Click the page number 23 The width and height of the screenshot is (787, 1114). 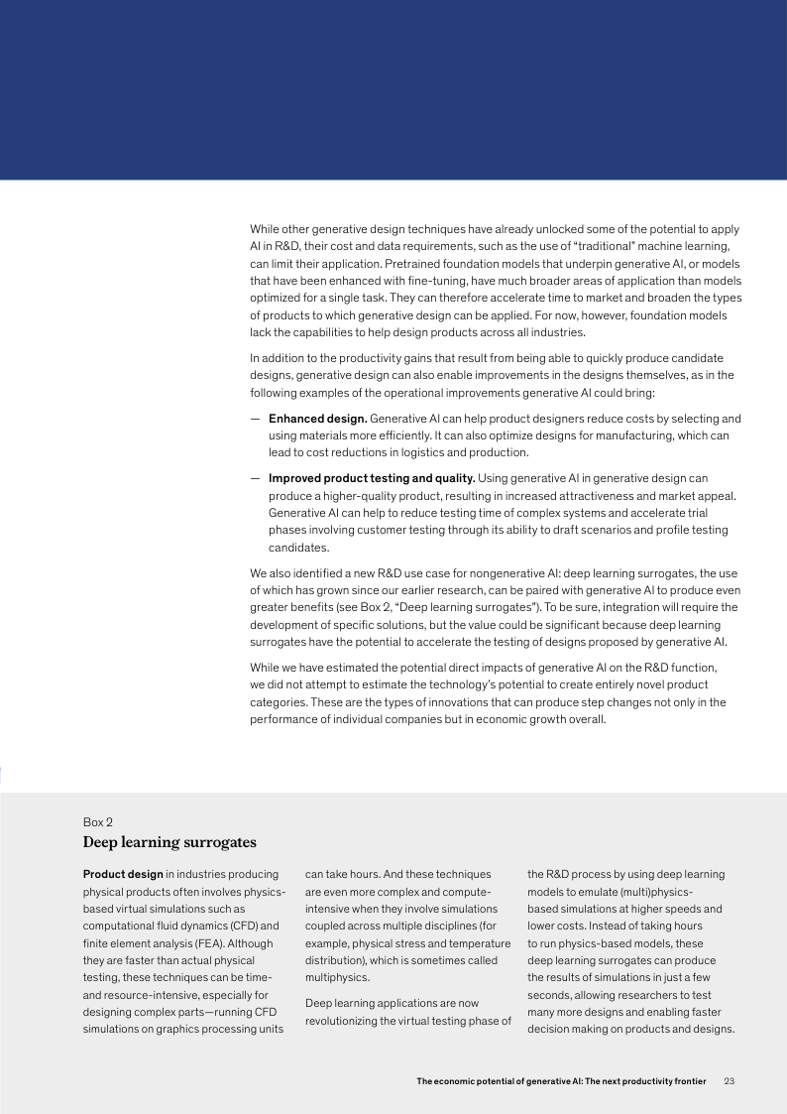click(x=731, y=1080)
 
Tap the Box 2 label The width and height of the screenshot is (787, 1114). click(x=98, y=821)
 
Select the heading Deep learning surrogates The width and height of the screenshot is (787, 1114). click(x=169, y=842)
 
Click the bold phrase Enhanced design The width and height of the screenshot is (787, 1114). click(x=318, y=419)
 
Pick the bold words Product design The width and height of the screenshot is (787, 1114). click(x=123, y=874)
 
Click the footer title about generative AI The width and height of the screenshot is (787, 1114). click(x=561, y=1080)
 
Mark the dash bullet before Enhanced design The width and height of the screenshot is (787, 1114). click(x=255, y=419)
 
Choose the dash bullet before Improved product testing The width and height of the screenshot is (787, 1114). click(x=255, y=478)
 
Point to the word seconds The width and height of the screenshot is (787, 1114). click(x=551, y=994)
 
